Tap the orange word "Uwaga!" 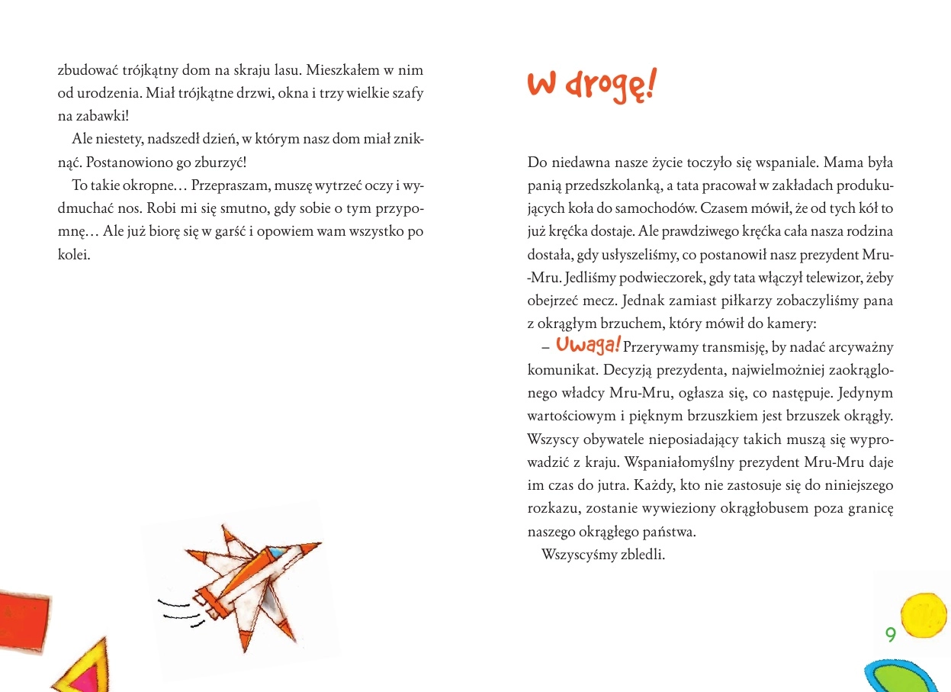click(x=588, y=345)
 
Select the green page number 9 click(x=889, y=634)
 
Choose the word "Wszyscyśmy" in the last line click(x=575, y=554)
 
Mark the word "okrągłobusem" click(x=777, y=507)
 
